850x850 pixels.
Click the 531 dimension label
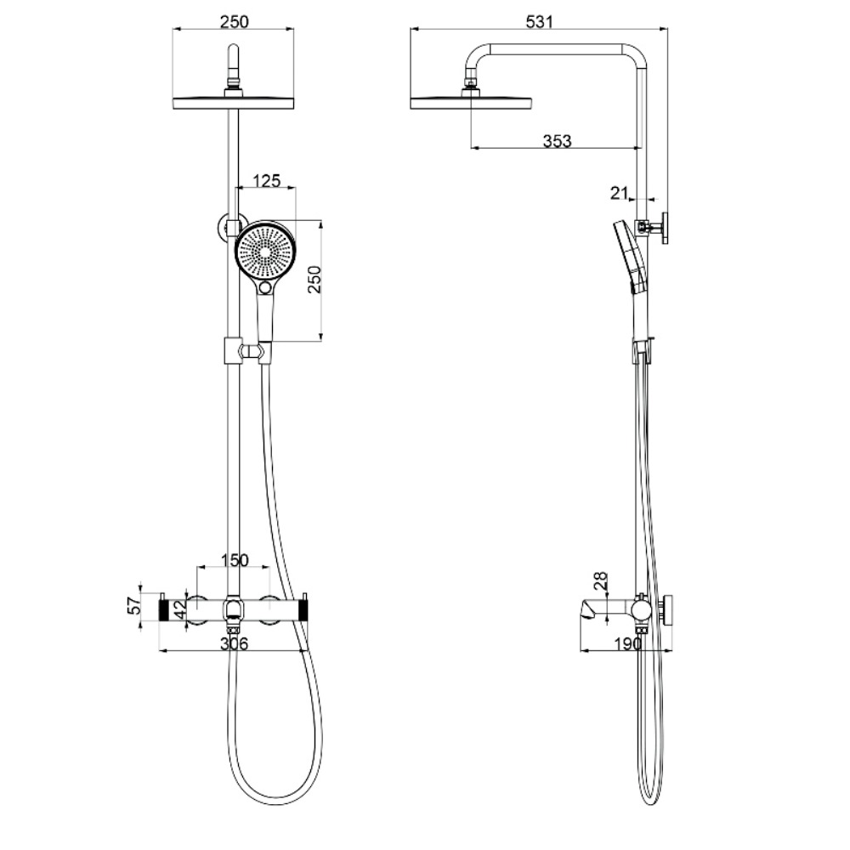click(540, 21)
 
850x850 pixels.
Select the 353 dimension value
click(557, 141)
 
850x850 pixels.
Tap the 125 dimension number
click(267, 180)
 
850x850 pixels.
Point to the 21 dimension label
click(619, 192)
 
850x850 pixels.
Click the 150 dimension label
click(235, 560)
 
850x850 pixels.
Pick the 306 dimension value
click(234, 643)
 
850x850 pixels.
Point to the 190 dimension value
click(628, 643)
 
